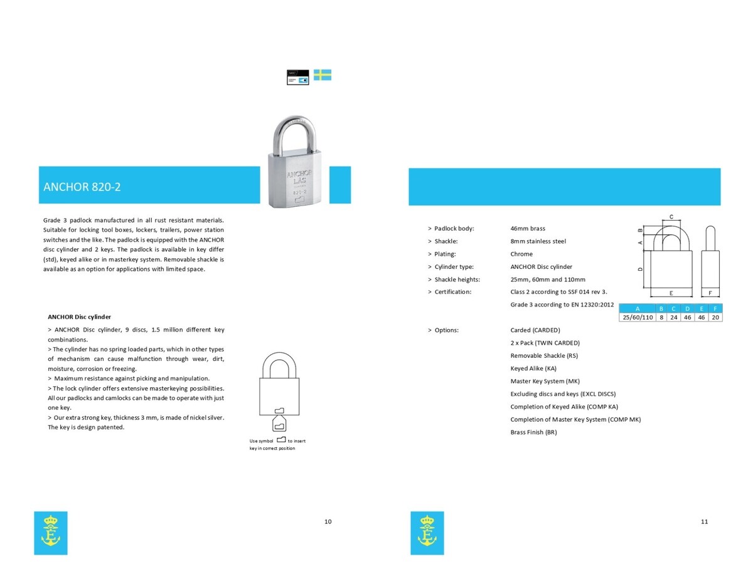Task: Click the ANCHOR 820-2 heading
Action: pyautogui.click(x=82, y=187)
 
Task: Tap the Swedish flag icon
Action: pyautogui.click(x=322, y=75)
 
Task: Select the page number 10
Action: pyautogui.click(x=328, y=521)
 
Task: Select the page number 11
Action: pyautogui.click(x=704, y=521)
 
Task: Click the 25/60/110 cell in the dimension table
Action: pyautogui.click(x=637, y=317)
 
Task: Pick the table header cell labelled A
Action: pyautogui.click(x=637, y=308)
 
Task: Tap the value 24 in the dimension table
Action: pyautogui.click(x=673, y=317)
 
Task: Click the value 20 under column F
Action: pyautogui.click(x=715, y=317)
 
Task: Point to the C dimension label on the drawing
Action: pyautogui.click(x=671, y=217)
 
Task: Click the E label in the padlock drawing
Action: pyautogui.click(x=671, y=293)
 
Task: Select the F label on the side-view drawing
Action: pyautogui.click(x=710, y=293)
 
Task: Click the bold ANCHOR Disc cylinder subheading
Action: pyautogui.click(x=80, y=317)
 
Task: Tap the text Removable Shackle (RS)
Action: pyautogui.click(x=544, y=355)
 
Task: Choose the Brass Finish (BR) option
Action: pyautogui.click(x=533, y=432)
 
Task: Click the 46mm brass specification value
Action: pyautogui.click(x=528, y=228)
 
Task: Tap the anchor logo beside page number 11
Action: pyautogui.click(x=427, y=533)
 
